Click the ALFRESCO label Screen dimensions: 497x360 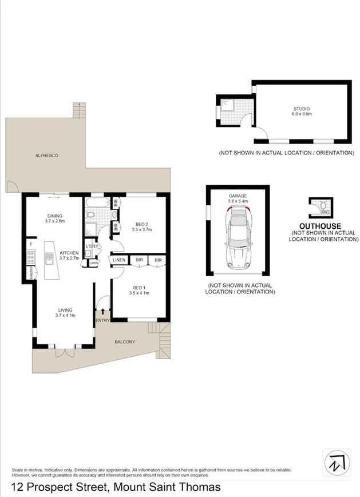[47, 156]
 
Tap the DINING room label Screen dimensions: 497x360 [56, 216]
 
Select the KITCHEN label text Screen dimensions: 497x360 [69, 252]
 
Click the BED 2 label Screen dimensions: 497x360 [141, 224]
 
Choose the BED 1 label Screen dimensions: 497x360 [140, 288]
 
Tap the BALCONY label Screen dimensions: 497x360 [125, 341]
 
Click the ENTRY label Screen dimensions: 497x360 [103, 320]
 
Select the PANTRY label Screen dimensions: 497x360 [26, 274]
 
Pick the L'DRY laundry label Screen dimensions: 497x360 [91, 246]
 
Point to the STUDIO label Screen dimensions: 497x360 [302, 109]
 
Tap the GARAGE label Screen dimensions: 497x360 [238, 196]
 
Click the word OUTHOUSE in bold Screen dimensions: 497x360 [324, 225]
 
